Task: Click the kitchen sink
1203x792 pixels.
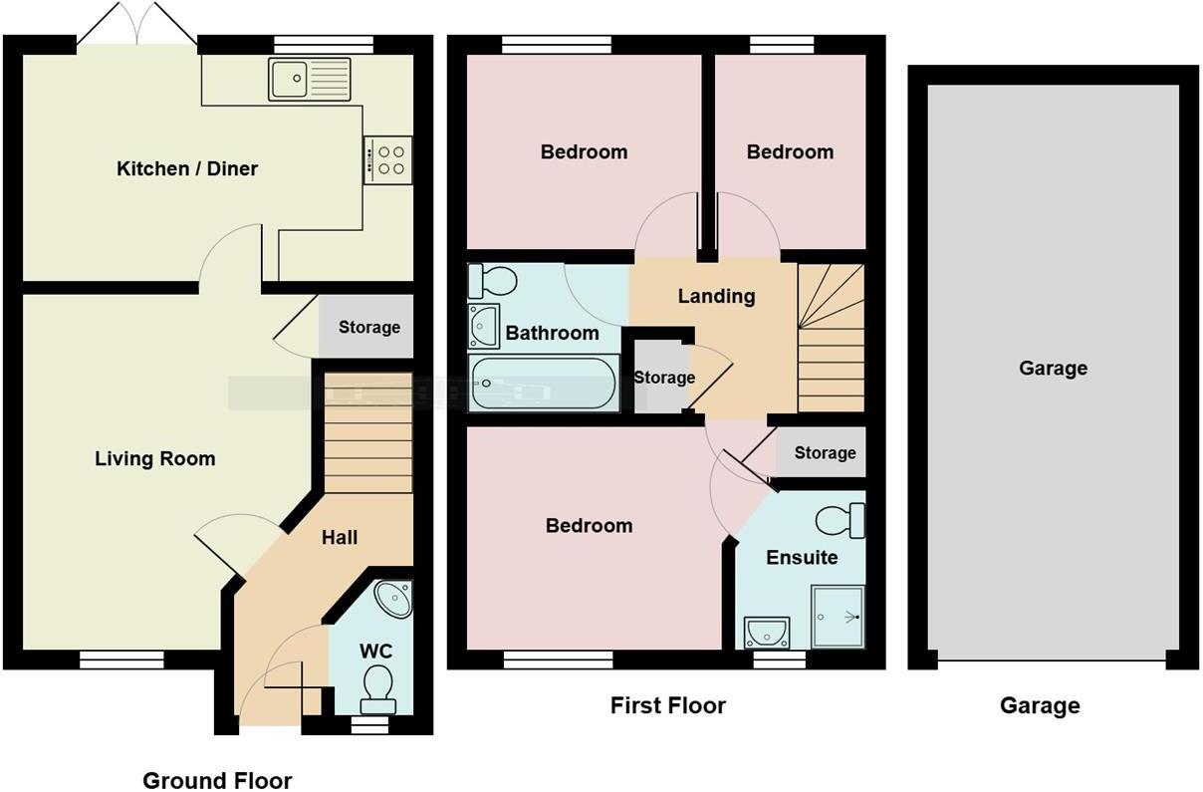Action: pyautogui.click(x=310, y=80)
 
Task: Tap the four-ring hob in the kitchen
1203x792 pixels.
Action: pyautogui.click(x=387, y=160)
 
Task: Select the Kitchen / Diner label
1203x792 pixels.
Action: pyautogui.click(x=187, y=168)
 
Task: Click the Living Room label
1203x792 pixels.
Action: pyautogui.click(x=155, y=459)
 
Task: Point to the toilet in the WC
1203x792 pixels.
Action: pyautogui.click(x=378, y=689)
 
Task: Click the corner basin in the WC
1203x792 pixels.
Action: pyautogui.click(x=393, y=599)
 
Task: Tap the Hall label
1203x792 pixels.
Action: pyautogui.click(x=340, y=537)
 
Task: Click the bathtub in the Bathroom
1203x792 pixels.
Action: pyautogui.click(x=544, y=384)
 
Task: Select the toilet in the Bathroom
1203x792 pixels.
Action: pyautogui.click(x=492, y=281)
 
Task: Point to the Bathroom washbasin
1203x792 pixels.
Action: pyautogui.click(x=484, y=326)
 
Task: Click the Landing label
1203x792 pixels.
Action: pyautogui.click(x=716, y=296)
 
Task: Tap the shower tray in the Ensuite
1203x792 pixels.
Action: pyautogui.click(x=838, y=617)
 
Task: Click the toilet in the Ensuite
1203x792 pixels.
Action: pyautogui.click(x=841, y=520)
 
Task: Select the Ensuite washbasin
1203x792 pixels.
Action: pyautogui.click(x=767, y=633)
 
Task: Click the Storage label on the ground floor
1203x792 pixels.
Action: pyautogui.click(x=369, y=327)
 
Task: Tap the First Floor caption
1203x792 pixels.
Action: pyautogui.click(x=668, y=705)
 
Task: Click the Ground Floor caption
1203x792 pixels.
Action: pyautogui.click(x=217, y=780)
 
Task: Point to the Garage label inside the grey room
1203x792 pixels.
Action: pyautogui.click(x=1054, y=368)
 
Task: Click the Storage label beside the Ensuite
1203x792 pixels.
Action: pyautogui.click(x=826, y=453)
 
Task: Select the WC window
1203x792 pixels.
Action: pyautogui.click(x=370, y=727)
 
